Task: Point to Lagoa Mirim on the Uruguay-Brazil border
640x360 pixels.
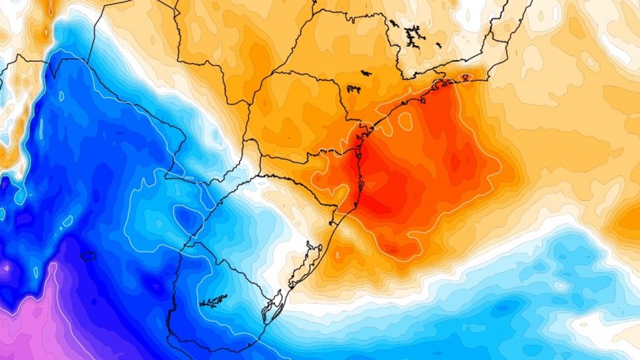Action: pyautogui.click(x=273, y=306)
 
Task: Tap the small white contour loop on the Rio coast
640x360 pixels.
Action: pyautogui.click(x=464, y=77)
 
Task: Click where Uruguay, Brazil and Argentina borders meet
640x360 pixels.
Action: pyautogui.click(x=192, y=236)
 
